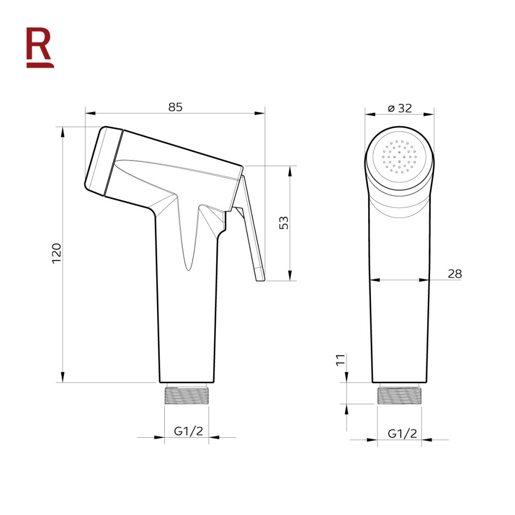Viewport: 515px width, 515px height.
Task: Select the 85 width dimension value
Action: click(175, 107)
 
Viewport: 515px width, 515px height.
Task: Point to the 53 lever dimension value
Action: click(284, 222)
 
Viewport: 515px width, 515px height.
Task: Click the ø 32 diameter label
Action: click(400, 108)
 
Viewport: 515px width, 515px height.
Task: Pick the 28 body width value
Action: click(454, 273)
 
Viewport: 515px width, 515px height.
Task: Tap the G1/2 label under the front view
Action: click(402, 434)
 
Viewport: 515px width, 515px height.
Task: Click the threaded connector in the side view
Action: click(186, 396)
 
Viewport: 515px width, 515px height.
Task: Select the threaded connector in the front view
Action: click(399, 394)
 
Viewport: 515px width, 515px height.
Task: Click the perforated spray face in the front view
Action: click(400, 156)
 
